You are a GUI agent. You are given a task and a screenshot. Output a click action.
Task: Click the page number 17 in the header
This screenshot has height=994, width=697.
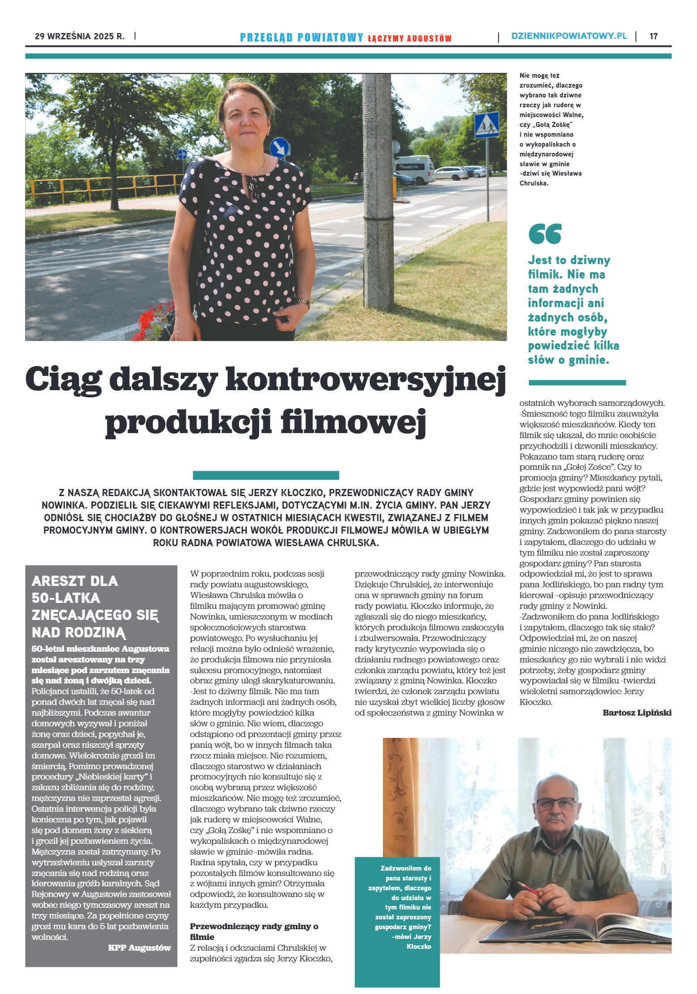[653, 36]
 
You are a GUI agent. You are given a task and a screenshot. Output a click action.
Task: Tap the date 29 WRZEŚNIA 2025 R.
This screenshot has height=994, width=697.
[80, 36]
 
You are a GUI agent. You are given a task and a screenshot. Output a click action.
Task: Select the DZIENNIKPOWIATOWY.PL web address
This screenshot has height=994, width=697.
[569, 36]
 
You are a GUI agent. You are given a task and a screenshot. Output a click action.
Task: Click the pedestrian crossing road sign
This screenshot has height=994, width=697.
[486, 125]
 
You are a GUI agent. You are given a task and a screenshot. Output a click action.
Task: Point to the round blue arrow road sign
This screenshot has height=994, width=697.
[279, 147]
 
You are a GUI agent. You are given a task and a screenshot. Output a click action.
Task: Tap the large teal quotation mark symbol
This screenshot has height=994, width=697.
[544, 234]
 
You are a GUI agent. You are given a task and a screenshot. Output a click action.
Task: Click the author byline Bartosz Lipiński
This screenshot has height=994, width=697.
[637, 712]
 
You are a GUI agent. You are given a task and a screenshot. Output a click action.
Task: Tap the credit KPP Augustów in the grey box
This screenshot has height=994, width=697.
[139, 948]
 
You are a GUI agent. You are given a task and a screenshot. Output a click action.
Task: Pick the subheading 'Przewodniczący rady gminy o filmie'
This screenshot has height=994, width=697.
[254, 931]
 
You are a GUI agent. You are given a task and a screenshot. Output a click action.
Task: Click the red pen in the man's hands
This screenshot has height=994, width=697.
[527, 887]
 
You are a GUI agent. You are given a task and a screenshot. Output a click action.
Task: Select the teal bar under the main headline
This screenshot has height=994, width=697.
[266, 475]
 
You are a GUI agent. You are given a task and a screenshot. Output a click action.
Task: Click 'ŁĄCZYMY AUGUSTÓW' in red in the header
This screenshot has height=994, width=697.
[409, 38]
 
